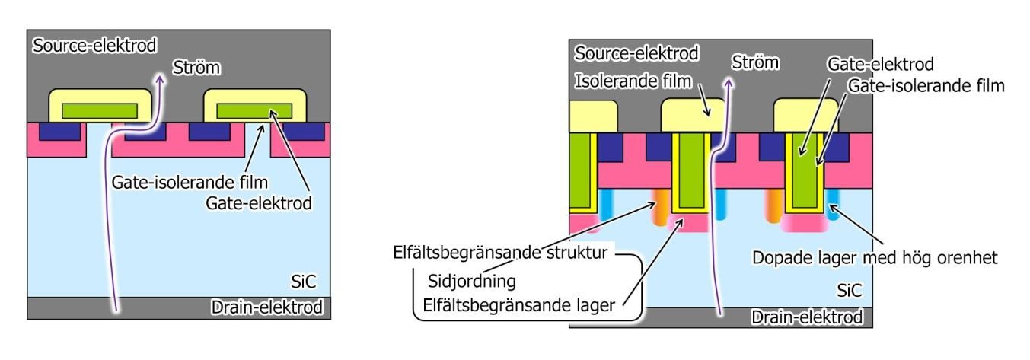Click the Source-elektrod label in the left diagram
tap(94, 46)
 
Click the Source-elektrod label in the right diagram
tap(636, 53)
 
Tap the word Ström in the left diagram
tap(196, 68)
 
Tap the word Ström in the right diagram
tap(755, 62)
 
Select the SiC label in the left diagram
tap(304, 282)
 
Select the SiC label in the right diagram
tap(850, 291)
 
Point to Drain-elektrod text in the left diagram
tap(266, 307)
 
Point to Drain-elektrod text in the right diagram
tap(806, 317)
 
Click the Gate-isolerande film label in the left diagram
tap(190, 183)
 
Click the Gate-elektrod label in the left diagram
tap(259, 203)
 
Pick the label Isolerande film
tap(633, 81)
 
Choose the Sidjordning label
tap(472, 282)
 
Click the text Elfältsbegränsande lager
tap(518, 305)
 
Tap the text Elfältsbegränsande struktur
tap(500, 253)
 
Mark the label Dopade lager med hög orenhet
tap(875, 258)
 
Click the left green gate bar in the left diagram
tap(100, 111)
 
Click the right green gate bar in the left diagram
tap(254, 111)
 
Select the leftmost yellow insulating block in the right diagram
tap(593, 116)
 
